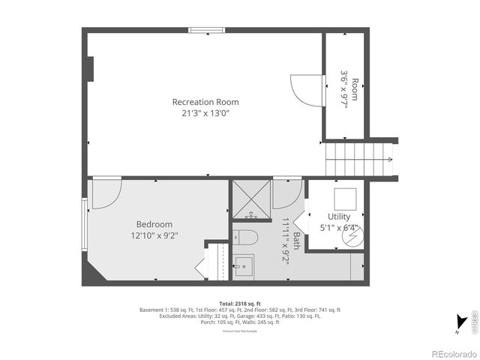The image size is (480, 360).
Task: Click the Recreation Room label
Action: [x=205, y=102]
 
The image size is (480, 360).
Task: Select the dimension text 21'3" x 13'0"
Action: [x=205, y=114]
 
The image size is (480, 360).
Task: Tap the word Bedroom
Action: [x=154, y=224]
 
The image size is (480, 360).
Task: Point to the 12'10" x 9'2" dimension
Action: [x=154, y=235]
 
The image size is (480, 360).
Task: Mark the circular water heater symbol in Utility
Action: [x=352, y=237]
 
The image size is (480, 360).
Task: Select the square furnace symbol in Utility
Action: [x=345, y=198]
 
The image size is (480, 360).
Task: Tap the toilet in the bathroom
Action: [x=245, y=238]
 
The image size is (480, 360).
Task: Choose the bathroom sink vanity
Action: [x=244, y=266]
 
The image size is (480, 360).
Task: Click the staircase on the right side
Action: [x=360, y=159]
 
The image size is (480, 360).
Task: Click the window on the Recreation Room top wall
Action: [x=207, y=31]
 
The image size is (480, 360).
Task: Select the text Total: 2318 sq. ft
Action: [x=239, y=303]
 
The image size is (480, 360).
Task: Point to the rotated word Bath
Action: [x=295, y=240]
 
